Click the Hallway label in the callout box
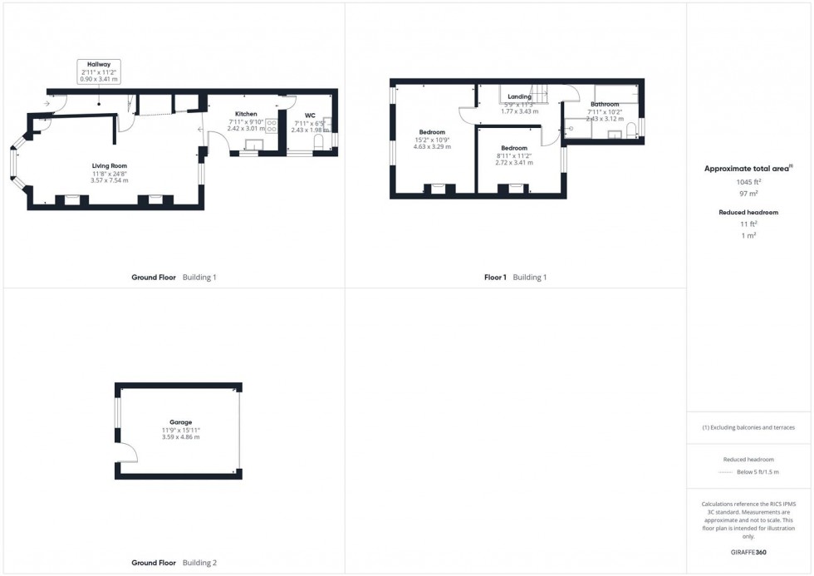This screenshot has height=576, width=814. (x=99, y=64)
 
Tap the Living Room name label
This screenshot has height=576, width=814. (x=109, y=166)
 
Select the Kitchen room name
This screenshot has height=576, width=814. (x=246, y=114)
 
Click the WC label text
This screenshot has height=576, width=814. (x=310, y=116)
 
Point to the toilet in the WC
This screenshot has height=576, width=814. (x=320, y=145)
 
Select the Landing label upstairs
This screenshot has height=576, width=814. (x=520, y=97)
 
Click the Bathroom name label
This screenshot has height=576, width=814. (x=605, y=104)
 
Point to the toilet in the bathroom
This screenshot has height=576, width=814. (x=632, y=128)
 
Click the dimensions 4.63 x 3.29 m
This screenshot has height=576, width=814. (x=432, y=147)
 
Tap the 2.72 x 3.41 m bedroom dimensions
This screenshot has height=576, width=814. (x=514, y=163)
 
